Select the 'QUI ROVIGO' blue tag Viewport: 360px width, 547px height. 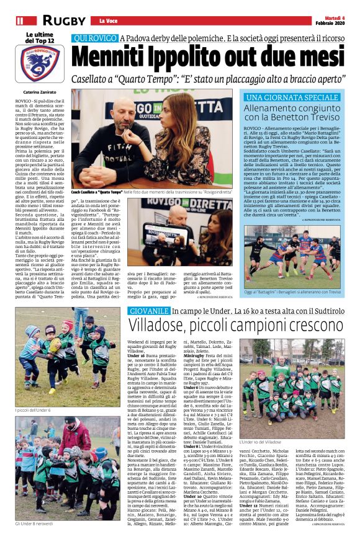point(94,38)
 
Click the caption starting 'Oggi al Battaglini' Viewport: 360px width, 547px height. point(291,292)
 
